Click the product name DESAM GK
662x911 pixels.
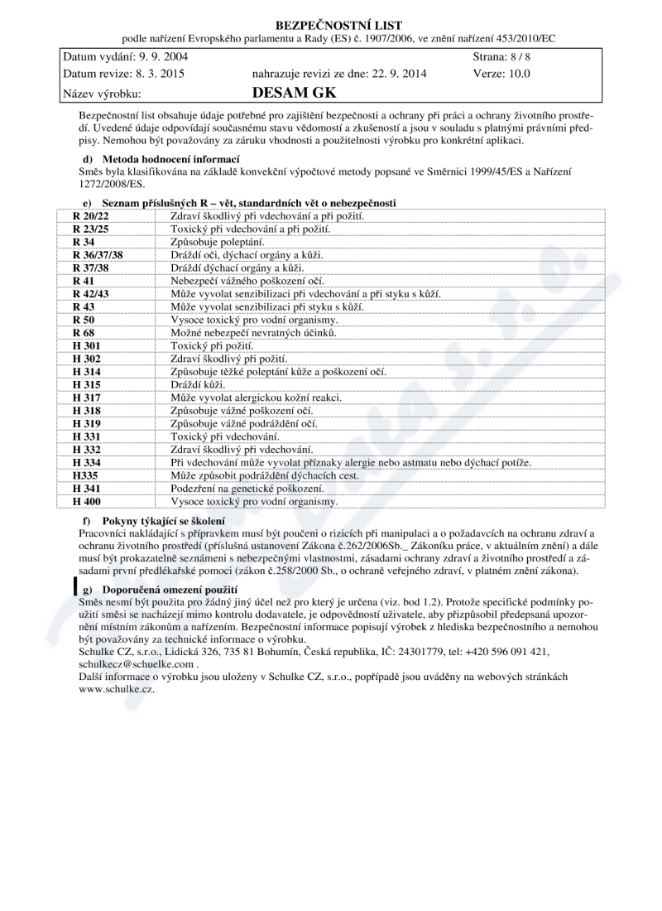[x=289, y=93]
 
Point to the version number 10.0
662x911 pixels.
[x=516, y=73]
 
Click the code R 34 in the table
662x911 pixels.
[x=84, y=241]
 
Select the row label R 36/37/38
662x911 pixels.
[x=98, y=254]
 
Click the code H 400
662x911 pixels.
[x=86, y=502]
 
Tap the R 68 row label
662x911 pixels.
[x=84, y=333]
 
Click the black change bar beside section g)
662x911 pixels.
[x=75, y=586]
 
